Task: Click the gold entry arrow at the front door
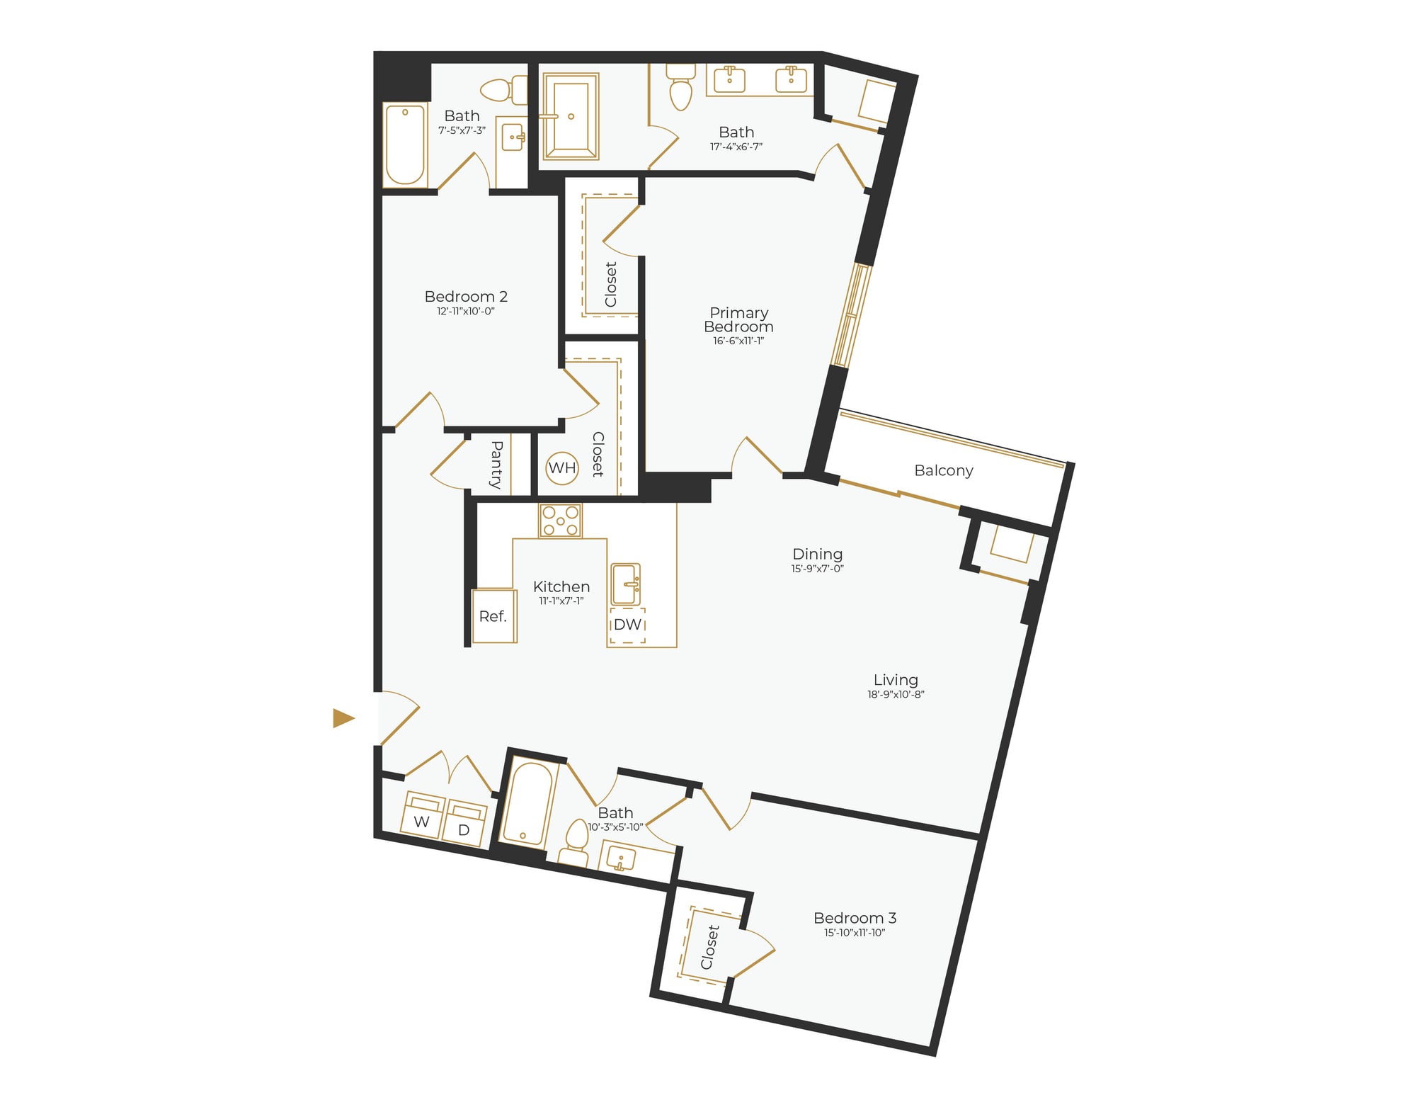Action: point(343,718)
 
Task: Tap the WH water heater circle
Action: point(562,468)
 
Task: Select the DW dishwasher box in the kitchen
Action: point(627,625)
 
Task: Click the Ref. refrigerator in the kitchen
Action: point(493,616)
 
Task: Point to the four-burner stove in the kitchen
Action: point(560,521)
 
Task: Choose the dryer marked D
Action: point(464,824)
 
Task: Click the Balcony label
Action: point(943,470)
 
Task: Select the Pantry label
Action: point(496,464)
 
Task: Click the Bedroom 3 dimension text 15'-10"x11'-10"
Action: point(855,933)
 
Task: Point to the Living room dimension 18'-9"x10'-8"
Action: point(896,695)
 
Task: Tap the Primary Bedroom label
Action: point(738,319)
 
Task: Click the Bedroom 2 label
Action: point(466,297)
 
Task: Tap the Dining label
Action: point(817,554)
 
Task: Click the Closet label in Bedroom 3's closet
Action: point(709,947)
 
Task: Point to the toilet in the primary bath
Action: point(680,88)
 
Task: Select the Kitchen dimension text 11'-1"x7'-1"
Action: point(561,601)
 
